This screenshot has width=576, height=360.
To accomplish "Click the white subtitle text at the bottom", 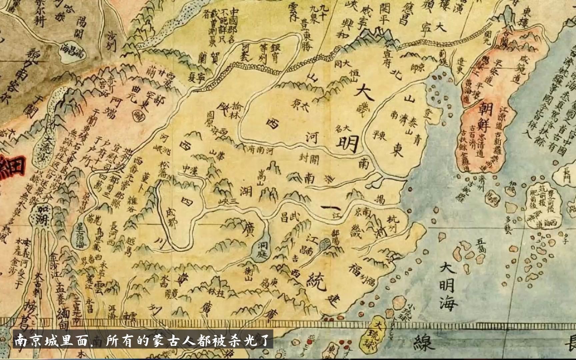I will [x=143, y=341].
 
